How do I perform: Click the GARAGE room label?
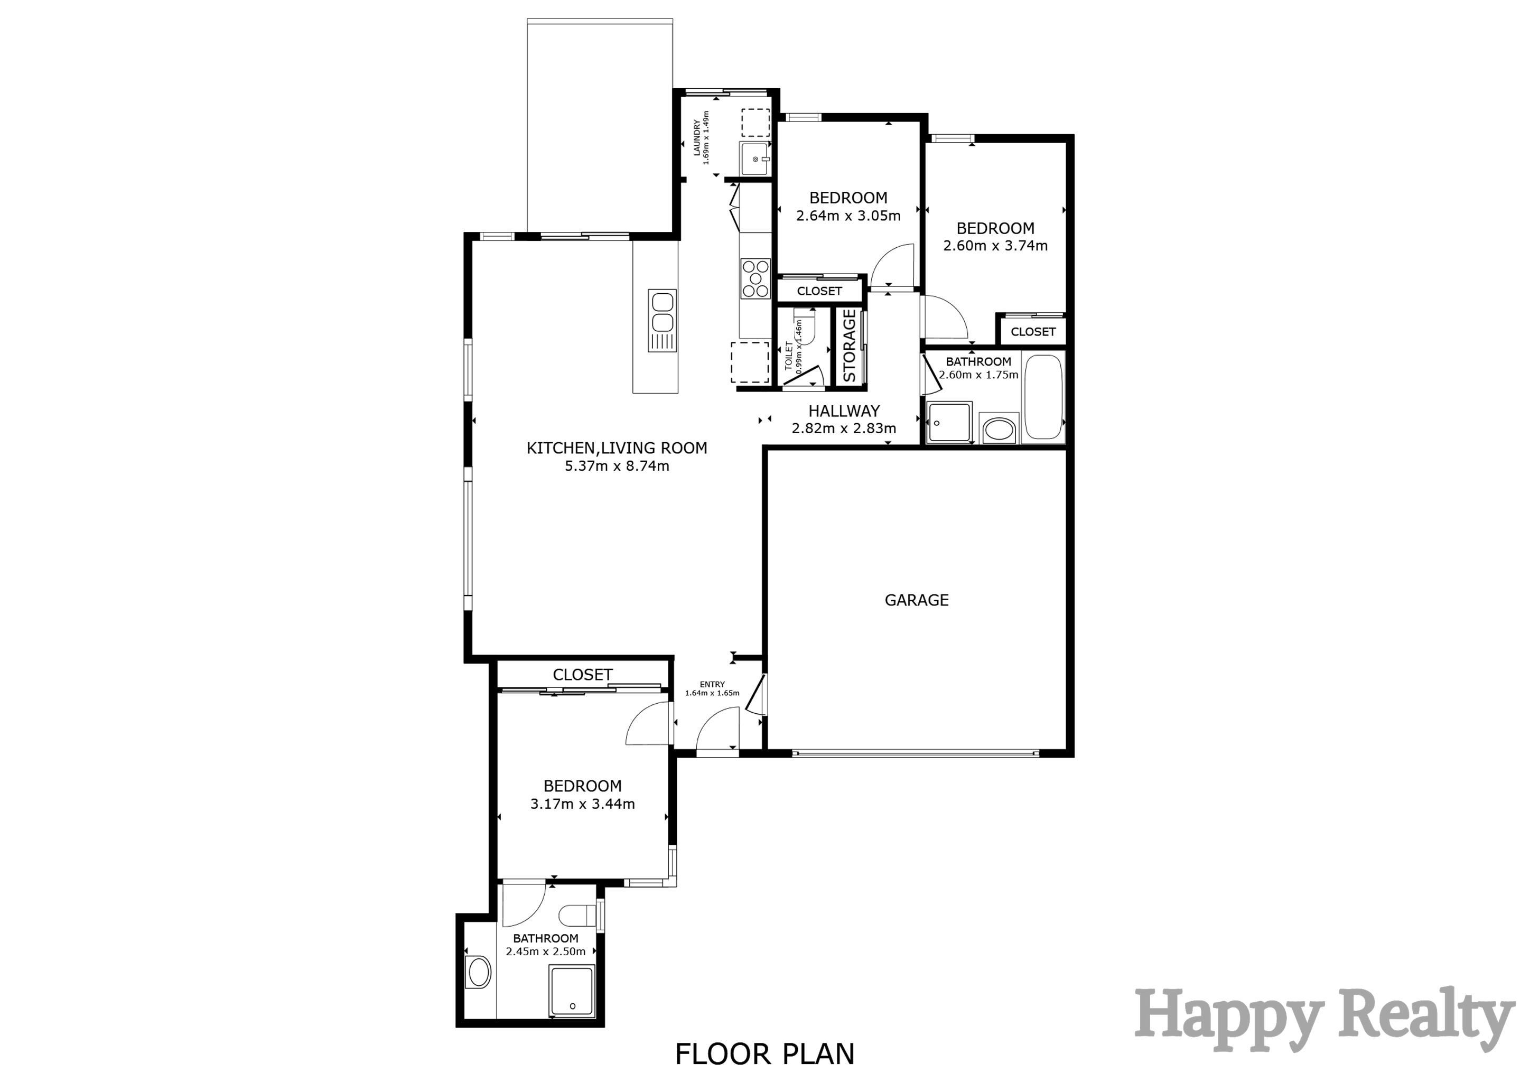(916, 600)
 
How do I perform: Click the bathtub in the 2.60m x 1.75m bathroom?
(1043, 398)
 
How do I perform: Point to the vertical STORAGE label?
(849, 345)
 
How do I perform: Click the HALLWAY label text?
(844, 411)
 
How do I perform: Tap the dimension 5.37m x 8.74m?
(617, 467)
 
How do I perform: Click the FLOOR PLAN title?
(764, 1055)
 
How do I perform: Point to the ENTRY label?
(712, 684)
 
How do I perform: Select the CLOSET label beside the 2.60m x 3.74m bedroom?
(1033, 332)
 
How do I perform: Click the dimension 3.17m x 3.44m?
(582, 804)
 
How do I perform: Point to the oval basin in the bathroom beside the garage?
(998, 428)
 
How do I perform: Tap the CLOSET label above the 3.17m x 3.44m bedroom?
(582, 674)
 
